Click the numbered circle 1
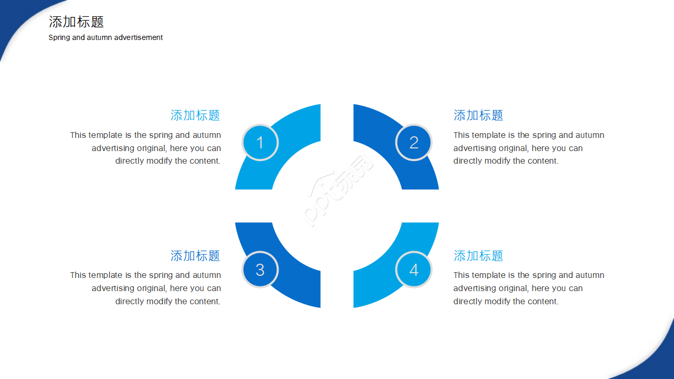(260, 142)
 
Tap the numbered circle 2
(414, 142)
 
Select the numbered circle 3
(260, 270)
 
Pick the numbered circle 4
(414, 270)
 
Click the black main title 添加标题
(76, 22)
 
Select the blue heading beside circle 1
(195, 115)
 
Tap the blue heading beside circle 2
(478, 115)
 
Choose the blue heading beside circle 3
(195, 256)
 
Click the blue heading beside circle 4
(478, 256)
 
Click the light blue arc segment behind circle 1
(301, 126)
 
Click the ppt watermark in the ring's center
(338, 190)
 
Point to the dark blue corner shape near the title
(12, 18)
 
